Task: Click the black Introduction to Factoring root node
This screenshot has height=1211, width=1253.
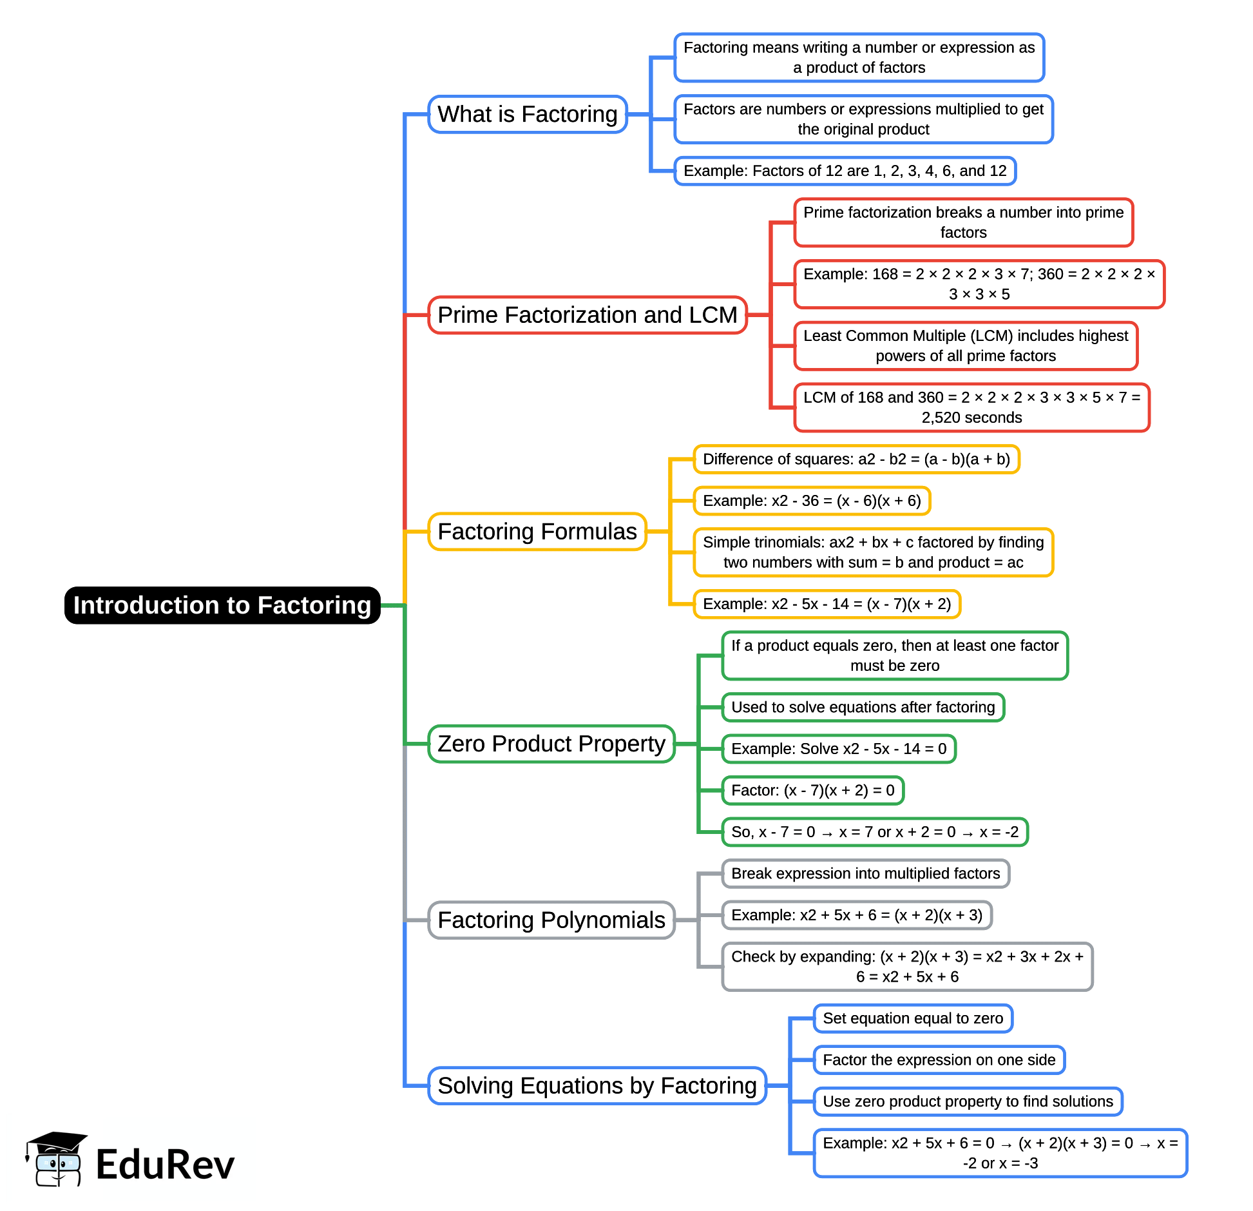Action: tap(222, 605)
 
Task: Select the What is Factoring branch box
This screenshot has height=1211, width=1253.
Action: tap(528, 114)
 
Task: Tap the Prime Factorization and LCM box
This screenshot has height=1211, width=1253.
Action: tap(587, 315)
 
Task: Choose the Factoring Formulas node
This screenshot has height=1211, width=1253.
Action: tap(537, 532)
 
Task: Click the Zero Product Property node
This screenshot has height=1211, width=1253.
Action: tap(551, 744)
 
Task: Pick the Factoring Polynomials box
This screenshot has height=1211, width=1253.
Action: tap(551, 920)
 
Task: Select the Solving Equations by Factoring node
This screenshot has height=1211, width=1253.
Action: tap(597, 1085)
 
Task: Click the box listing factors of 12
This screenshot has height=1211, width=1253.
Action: tap(845, 171)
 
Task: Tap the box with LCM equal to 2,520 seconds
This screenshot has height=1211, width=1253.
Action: tap(971, 407)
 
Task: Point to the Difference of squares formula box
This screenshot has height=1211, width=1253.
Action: tap(856, 459)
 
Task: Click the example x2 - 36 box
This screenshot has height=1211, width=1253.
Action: tap(812, 501)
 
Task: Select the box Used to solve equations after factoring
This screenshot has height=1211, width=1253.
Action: tap(863, 707)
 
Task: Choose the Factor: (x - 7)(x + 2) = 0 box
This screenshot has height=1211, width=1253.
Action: tap(812, 790)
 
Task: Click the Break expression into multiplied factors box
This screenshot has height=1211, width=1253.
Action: tap(865, 873)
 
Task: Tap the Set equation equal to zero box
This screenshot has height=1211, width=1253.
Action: tap(913, 1018)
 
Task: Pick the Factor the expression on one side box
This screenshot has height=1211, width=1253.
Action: tap(939, 1060)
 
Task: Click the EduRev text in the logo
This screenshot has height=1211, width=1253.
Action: tap(165, 1165)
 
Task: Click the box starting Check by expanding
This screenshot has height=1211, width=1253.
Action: tap(907, 966)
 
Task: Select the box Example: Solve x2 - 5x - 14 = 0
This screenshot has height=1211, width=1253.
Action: tap(838, 749)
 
